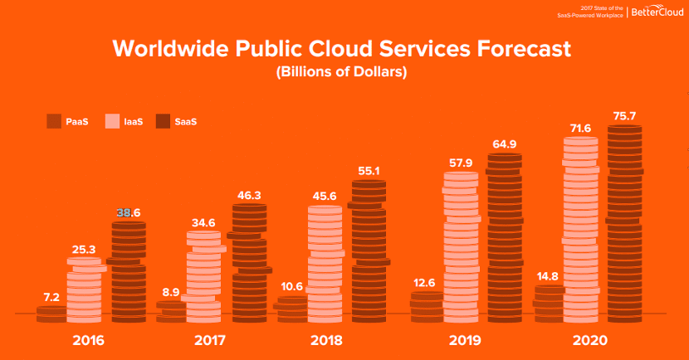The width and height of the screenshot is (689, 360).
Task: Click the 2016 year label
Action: coord(88,340)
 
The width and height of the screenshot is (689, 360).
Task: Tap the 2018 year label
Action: coord(326,340)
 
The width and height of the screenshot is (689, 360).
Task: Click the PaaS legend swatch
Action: coord(55,122)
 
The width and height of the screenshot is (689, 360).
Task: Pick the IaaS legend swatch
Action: coord(113,122)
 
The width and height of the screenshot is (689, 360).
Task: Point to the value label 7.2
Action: coord(51,297)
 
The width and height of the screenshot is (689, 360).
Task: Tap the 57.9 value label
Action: coord(459,162)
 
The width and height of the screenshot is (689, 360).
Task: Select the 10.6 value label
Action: coord(291,286)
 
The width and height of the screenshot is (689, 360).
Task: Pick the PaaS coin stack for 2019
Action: coord(427,307)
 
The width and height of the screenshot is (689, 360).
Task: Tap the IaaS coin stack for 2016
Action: coord(84,290)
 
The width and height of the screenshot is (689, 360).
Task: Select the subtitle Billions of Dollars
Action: coord(340,72)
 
